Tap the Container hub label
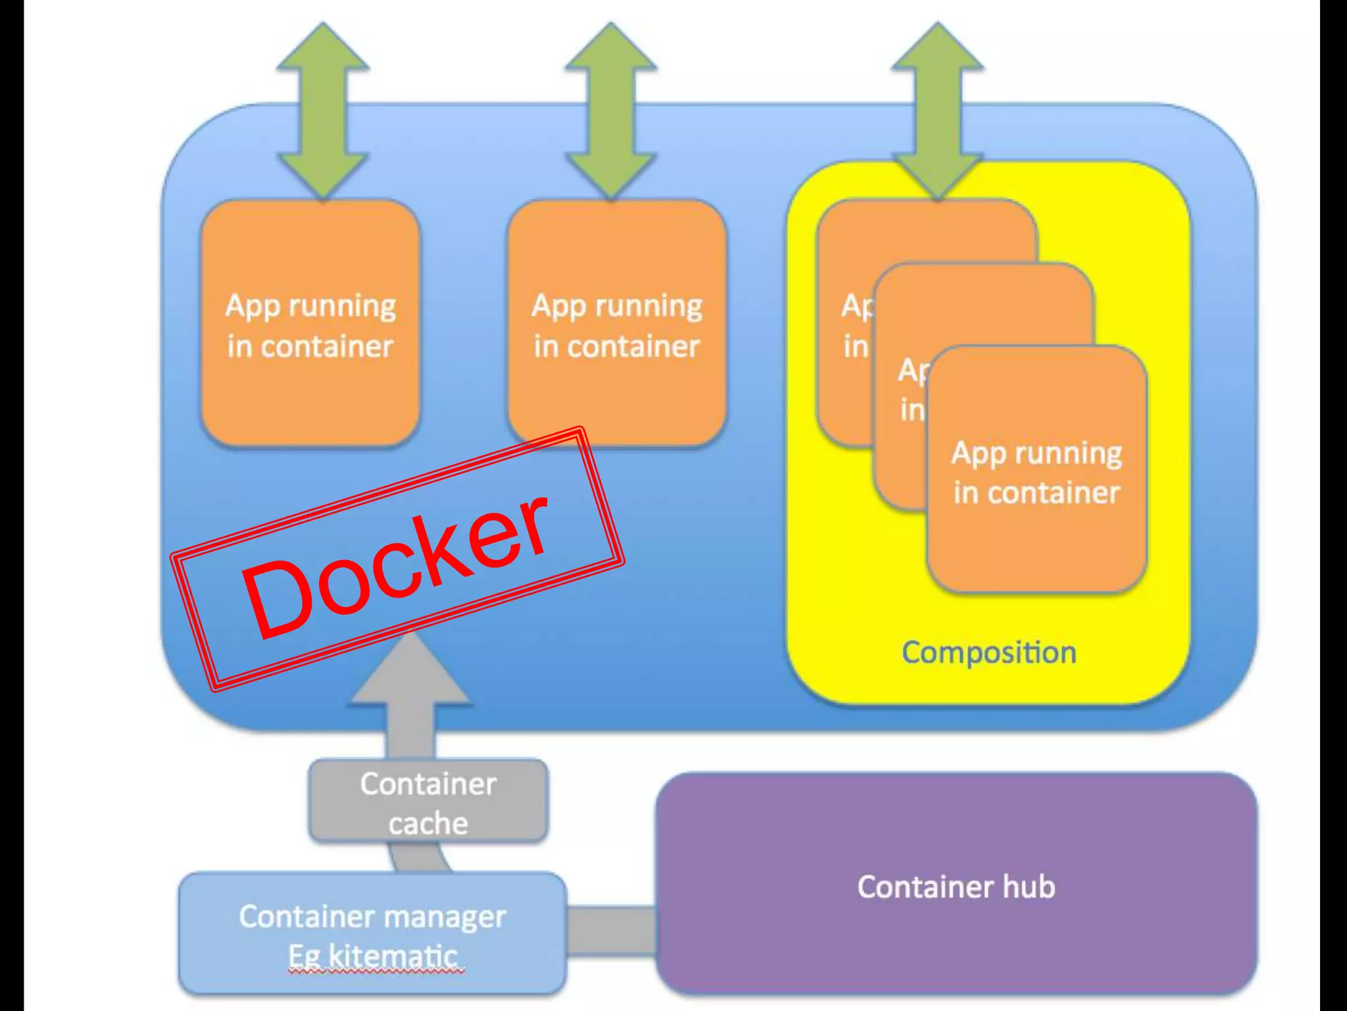point(956,887)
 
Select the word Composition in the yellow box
point(989,653)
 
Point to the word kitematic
point(393,956)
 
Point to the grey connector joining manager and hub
point(611,929)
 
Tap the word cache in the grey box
point(428,824)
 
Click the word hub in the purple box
point(1029,887)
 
